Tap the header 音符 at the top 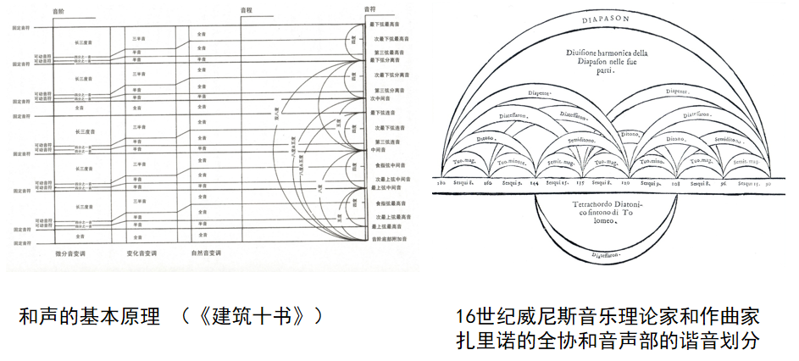[x=369, y=8]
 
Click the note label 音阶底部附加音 [x=392, y=240]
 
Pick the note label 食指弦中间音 [x=391, y=164]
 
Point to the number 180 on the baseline [x=441, y=182]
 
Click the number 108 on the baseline [x=675, y=182]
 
